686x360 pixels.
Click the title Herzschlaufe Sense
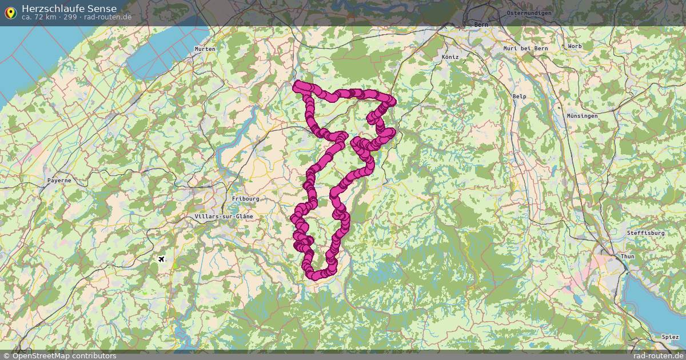[x=69, y=8]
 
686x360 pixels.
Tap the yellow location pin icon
[x=10, y=12]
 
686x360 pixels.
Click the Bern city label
[x=481, y=25]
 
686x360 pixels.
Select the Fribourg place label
[x=246, y=199]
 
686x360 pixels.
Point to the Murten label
[x=205, y=49]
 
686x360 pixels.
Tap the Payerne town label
[x=59, y=181]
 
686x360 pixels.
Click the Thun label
[x=627, y=257]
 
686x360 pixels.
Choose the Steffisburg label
[x=645, y=233]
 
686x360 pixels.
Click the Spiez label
[x=670, y=337]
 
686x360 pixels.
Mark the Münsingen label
[x=582, y=116]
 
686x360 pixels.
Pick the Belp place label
[x=519, y=97]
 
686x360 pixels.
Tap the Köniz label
[x=450, y=58]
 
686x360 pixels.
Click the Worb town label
[x=575, y=46]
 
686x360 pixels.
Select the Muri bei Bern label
[x=525, y=49]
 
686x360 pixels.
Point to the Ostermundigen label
[x=529, y=13]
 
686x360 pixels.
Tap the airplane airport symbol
[x=162, y=259]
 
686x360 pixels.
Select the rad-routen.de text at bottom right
[x=658, y=355]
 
